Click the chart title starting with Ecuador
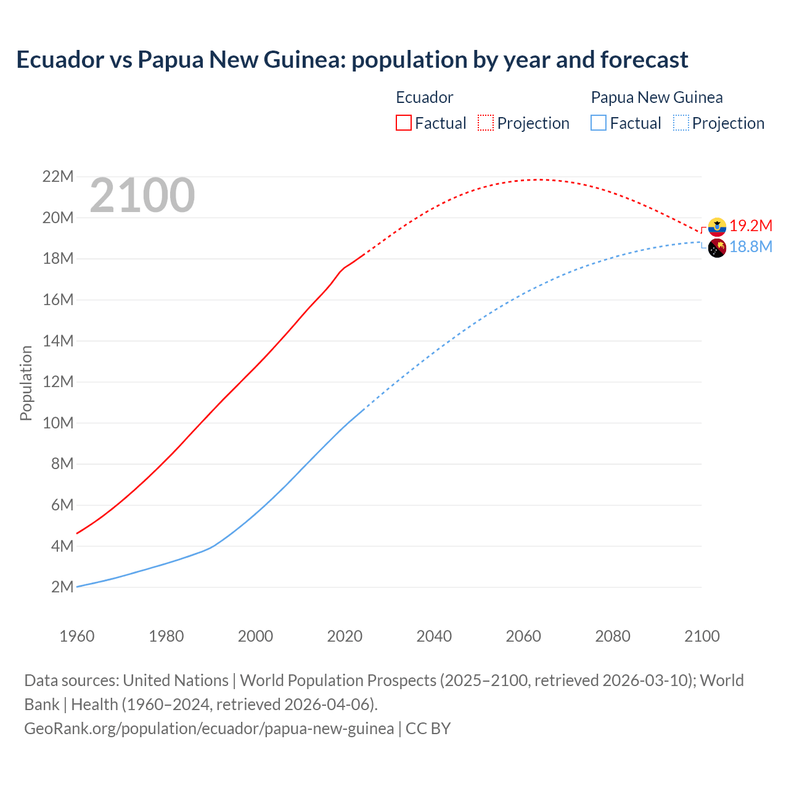pos(352,60)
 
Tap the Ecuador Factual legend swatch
pos(403,123)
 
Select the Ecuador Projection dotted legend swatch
pos(486,123)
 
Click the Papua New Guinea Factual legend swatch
pos(598,123)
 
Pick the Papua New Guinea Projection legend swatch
pos(681,123)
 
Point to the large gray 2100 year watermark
pos(142,195)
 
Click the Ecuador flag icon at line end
pos(717,227)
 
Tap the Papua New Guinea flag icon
pos(717,248)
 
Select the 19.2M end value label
pos(751,226)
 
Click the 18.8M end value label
pos(751,247)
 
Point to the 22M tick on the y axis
pos(58,177)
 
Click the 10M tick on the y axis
pos(58,423)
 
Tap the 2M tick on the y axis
pos(62,587)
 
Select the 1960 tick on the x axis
pos(77,636)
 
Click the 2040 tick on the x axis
pos(434,636)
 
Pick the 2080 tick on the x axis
pos(613,636)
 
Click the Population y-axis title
pos(26,383)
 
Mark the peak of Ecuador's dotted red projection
pos(537,179)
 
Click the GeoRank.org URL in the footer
pos(209,729)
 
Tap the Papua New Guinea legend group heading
pos(656,97)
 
